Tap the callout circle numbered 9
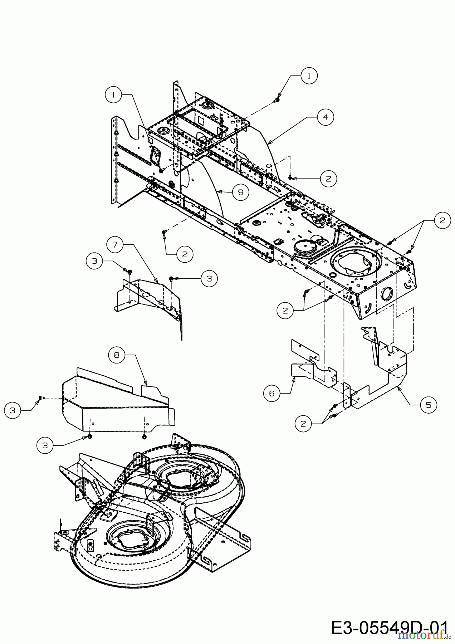click(x=241, y=192)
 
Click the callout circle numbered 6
click(x=272, y=393)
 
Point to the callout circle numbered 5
click(x=429, y=405)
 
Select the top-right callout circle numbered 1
click(x=309, y=75)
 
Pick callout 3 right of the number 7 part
click(x=209, y=278)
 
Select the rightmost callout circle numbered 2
click(x=443, y=220)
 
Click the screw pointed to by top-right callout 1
click(x=277, y=101)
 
